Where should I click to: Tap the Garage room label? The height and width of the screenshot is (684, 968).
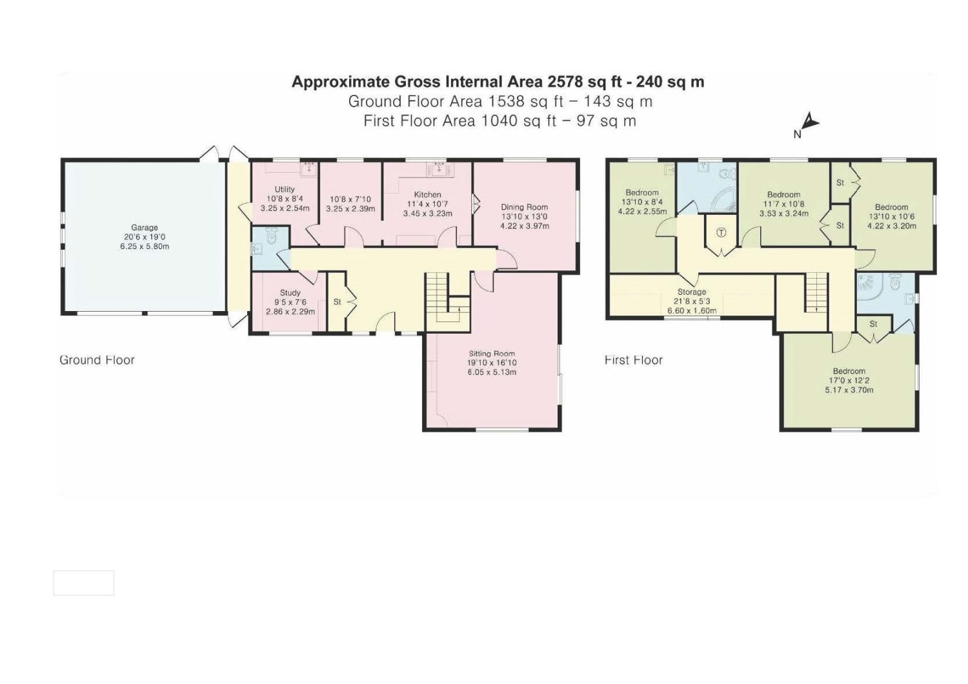click(x=145, y=227)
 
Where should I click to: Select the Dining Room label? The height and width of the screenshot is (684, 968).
click(x=524, y=207)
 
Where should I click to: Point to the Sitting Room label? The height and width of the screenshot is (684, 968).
click(x=491, y=354)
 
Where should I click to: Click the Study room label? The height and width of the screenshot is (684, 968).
click(x=290, y=293)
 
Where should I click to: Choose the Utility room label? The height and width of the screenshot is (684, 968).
click(x=285, y=189)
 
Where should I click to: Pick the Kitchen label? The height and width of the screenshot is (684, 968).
click(x=427, y=195)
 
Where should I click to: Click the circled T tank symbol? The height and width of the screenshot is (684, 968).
click(x=721, y=233)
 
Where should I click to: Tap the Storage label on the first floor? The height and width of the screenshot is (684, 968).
click(x=692, y=292)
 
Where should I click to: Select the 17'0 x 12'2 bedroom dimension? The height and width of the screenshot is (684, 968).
click(x=849, y=381)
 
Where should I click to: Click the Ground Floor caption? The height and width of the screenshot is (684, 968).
click(x=97, y=360)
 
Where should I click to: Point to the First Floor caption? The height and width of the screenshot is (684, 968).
click(x=633, y=360)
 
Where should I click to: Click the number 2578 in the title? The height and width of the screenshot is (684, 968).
click(x=562, y=82)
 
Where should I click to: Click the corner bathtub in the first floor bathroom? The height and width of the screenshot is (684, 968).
click(x=724, y=199)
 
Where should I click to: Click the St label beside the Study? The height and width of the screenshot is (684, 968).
click(x=338, y=302)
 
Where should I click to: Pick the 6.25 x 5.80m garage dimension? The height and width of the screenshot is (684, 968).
click(x=145, y=246)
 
